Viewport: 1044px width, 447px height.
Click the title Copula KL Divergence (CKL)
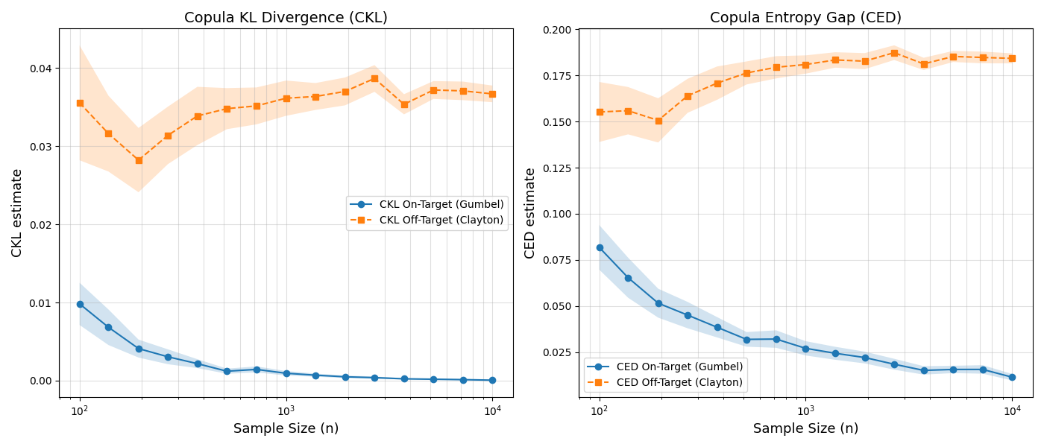coord(286,17)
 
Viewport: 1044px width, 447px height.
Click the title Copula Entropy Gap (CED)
coord(805,17)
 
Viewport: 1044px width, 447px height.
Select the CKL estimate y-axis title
coord(16,212)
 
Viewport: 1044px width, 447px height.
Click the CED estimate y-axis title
coord(530,212)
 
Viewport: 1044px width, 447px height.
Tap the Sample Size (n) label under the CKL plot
coord(286,428)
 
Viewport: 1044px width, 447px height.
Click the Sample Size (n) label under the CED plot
coord(805,428)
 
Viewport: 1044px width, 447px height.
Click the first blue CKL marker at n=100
coord(80,304)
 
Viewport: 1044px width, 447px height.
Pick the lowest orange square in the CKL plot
coord(139,160)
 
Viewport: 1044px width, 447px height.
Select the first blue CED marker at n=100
coord(600,247)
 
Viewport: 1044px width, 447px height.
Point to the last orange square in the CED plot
coord(1012,58)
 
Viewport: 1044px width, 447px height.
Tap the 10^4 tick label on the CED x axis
coord(1012,410)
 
